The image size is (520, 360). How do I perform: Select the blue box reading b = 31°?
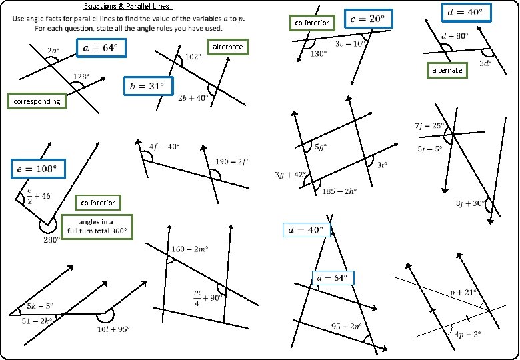click(147, 86)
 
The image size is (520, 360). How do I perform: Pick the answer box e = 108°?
click(37, 169)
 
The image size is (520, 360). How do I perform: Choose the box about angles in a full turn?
click(96, 226)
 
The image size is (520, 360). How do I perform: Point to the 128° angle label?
click(81, 77)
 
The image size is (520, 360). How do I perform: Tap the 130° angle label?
click(319, 54)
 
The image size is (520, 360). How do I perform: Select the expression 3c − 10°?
click(350, 43)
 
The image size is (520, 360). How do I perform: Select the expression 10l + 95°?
click(113, 329)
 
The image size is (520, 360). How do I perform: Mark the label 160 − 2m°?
click(190, 249)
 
